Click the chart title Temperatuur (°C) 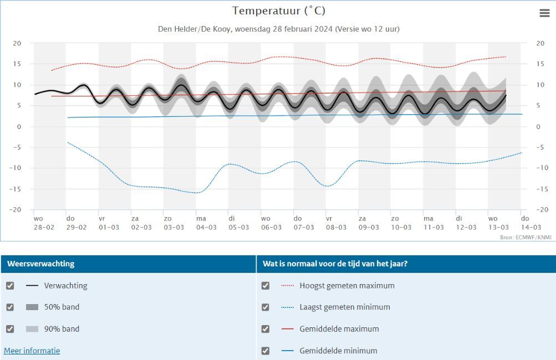(x=279, y=11)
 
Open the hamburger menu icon (x=544, y=13)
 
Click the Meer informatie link (x=32, y=351)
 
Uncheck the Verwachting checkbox (x=10, y=286)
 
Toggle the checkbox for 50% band (x=10, y=307)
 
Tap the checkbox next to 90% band (x=10, y=329)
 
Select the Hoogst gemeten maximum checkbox (x=266, y=286)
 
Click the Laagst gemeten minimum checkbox (x=266, y=307)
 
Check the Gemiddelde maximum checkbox (x=266, y=329)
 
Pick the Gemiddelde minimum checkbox (x=266, y=351)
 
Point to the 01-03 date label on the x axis (x=109, y=228)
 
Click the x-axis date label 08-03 (x=336, y=228)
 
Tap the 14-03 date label (x=531, y=228)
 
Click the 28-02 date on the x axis (x=44, y=228)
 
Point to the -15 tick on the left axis (x=17, y=189)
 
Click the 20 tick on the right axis (x=540, y=43)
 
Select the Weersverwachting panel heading (x=40, y=264)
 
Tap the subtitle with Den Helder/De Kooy (x=279, y=29)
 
